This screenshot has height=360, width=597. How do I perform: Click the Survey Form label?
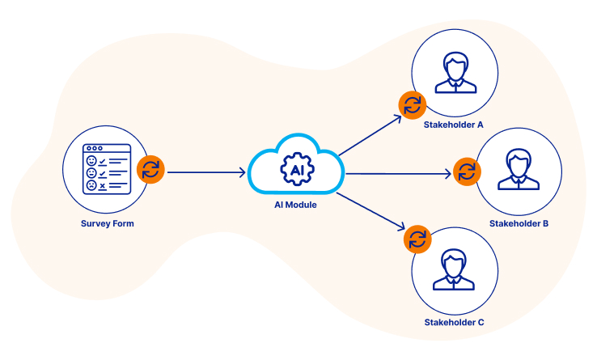click(108, 223)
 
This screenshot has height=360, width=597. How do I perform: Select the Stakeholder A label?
click(453, 125)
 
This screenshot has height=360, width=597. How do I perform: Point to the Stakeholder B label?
click(519, 223)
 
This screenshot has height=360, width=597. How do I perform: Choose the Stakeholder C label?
click(454, 322)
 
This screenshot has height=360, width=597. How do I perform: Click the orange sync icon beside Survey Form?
click(150, 170)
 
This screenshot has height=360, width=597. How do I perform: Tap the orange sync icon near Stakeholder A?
click(412, 104)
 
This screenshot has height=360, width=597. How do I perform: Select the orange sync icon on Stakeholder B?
click(467, 172)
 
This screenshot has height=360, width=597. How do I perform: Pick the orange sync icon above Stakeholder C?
click(417, 238)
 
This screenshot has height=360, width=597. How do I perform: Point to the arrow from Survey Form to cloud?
click(206, 172)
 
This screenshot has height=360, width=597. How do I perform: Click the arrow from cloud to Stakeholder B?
click(396, 173)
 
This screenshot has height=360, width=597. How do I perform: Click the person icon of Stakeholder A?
click(455, 72)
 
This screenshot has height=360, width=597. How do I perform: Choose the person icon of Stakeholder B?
click(519, 169)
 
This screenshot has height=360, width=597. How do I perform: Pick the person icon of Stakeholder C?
click(455, 269)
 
